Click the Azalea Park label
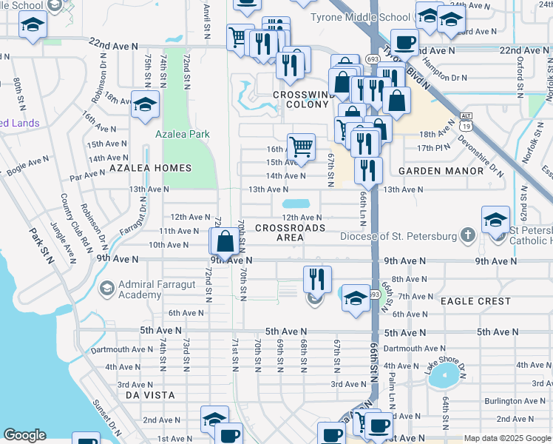183,134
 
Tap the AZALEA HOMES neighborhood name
140,169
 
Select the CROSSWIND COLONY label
299,100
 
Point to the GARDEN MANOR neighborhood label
441,170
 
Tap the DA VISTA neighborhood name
151,396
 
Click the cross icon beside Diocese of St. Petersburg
467,236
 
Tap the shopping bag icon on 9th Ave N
225,242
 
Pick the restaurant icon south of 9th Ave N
317,280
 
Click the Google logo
24,435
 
